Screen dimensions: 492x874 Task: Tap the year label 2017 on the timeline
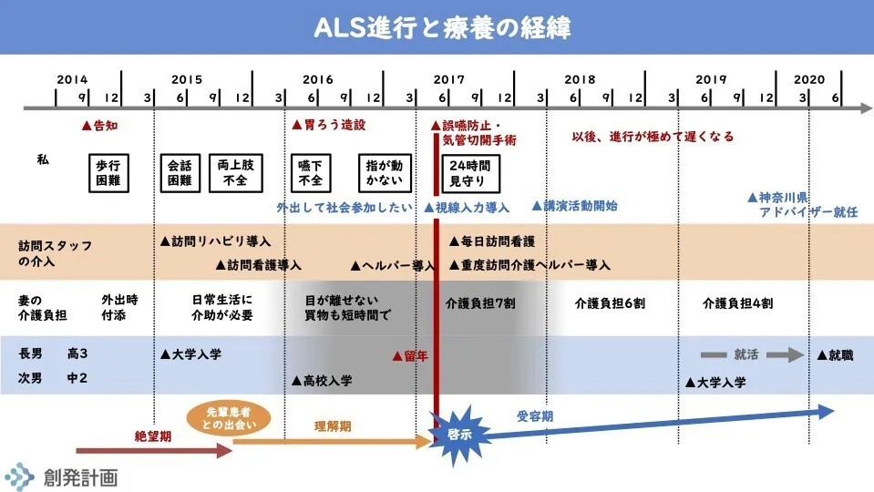[448, 79]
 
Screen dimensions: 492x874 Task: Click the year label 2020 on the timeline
[808, 79]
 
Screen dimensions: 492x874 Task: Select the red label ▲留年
[409, 356]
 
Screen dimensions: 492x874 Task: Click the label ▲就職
[835, 354]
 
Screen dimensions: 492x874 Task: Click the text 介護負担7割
[480, 303]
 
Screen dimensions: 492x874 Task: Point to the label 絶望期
[152, 436]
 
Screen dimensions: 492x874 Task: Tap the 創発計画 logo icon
[19, 476]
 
